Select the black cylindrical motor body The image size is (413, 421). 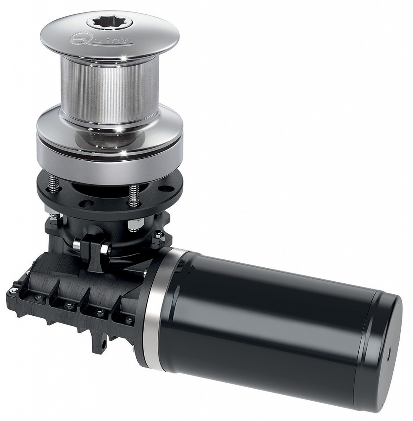[x=269, y=320]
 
